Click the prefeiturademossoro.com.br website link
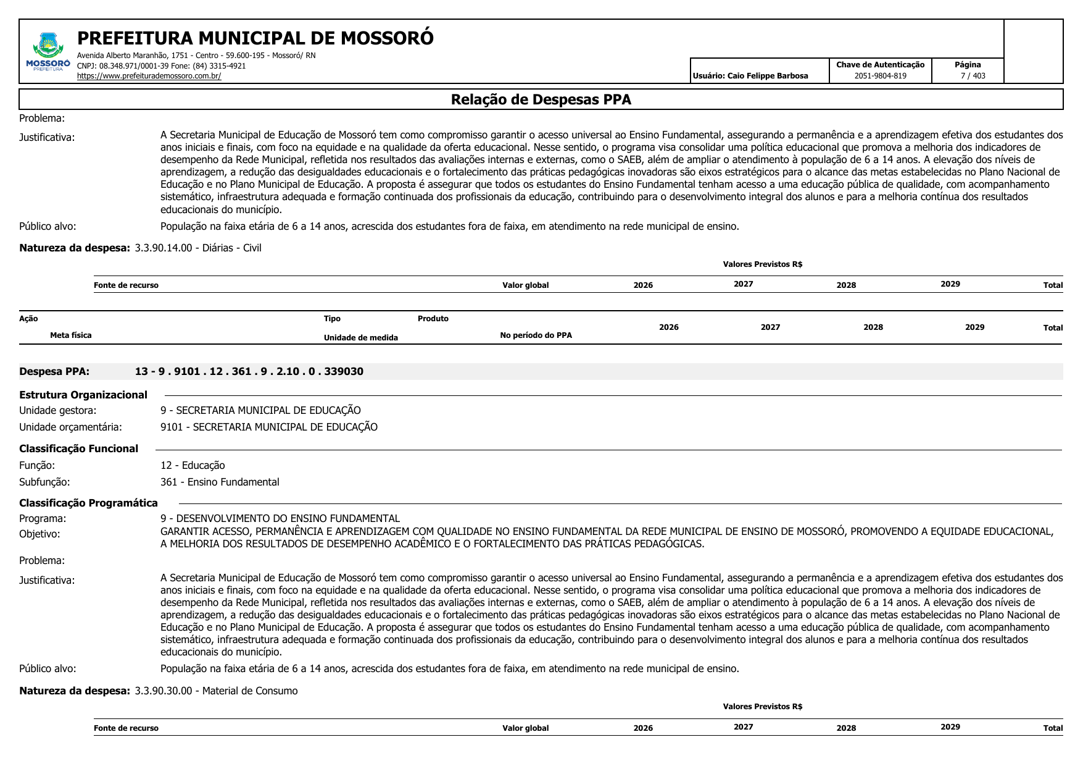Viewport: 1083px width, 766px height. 149,76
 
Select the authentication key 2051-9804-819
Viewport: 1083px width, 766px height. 880,76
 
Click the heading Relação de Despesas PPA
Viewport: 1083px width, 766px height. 541,99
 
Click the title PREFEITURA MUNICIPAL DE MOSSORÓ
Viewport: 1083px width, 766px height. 255,38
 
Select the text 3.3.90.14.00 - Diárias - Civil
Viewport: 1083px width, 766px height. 197,248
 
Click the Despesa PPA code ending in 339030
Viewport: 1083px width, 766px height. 249,371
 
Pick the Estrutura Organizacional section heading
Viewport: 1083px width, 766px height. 83,395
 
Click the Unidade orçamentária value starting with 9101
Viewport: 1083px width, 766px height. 268,427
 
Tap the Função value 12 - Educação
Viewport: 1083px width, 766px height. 193,465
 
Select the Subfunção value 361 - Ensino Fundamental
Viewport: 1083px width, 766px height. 220,482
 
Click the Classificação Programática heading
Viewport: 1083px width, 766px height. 88,503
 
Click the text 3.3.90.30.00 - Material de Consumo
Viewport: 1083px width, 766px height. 216,691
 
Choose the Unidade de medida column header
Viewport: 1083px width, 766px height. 360,337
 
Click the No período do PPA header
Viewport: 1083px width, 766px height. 536,335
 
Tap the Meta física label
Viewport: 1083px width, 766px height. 71,335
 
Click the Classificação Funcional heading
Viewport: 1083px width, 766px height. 78,448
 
